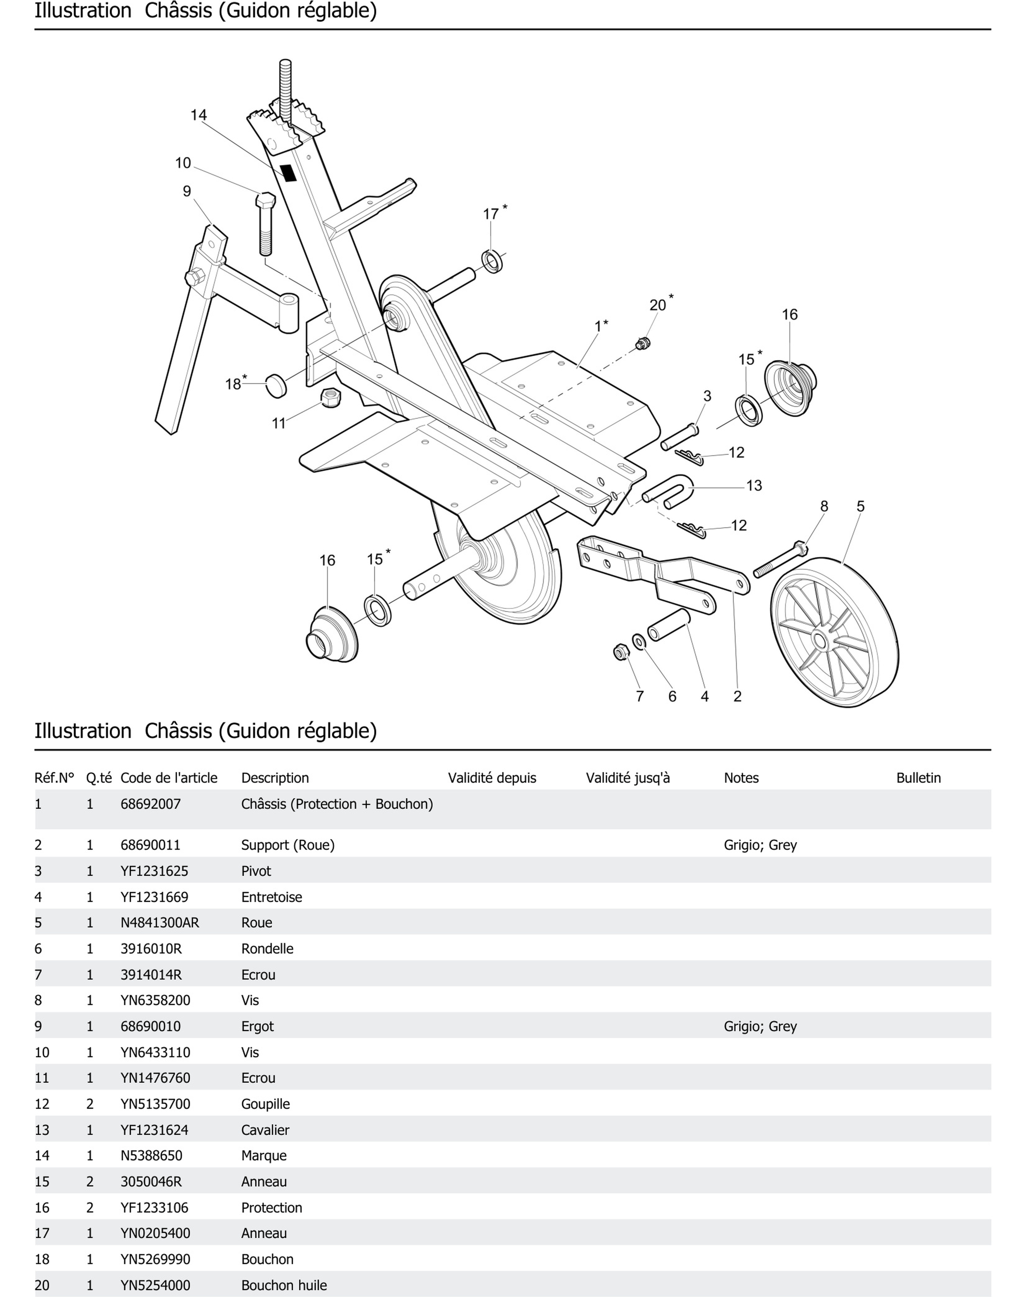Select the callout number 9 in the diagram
click(187, 191)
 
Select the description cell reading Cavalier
click(265, 1130)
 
